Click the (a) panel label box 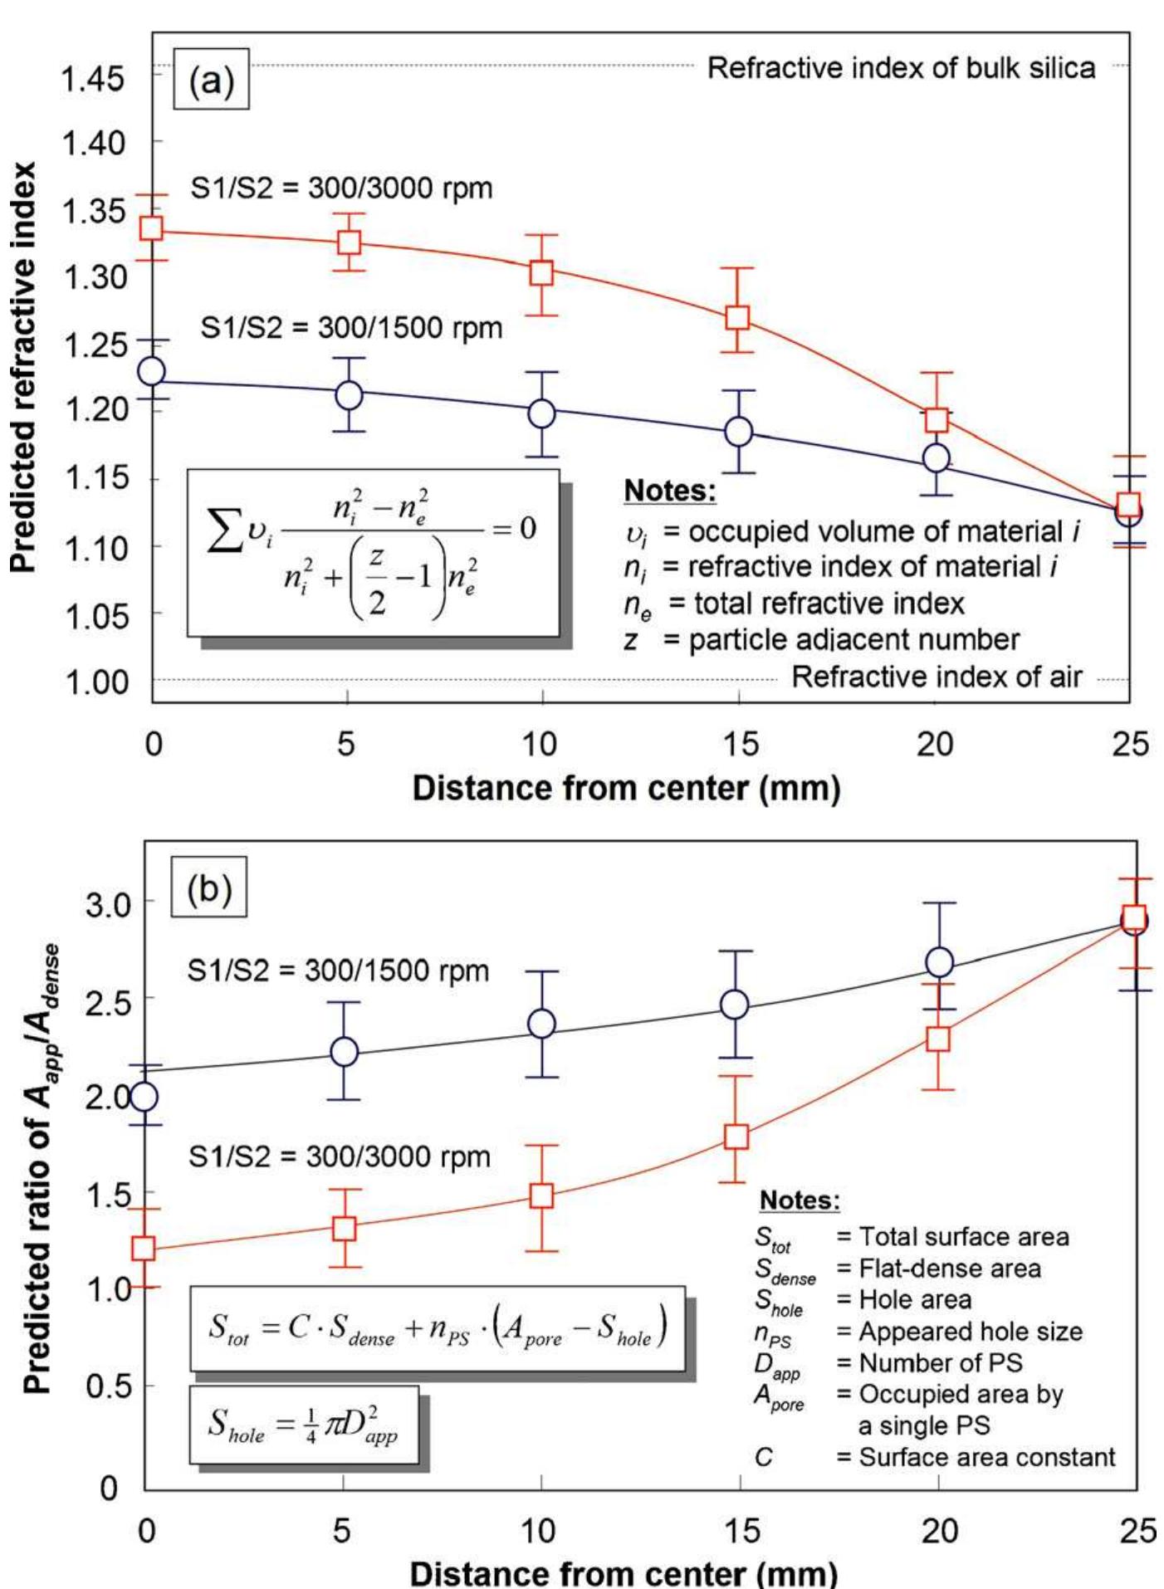211,82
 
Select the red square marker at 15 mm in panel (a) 737,317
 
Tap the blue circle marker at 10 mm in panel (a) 541,413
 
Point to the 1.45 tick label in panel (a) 92,80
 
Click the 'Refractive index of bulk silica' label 900,68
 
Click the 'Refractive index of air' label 937,677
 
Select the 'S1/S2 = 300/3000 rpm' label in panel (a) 341,188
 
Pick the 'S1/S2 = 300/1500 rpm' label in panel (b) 338,971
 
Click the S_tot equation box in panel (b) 438,1328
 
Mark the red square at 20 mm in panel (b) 937,1039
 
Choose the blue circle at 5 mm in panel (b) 344,1052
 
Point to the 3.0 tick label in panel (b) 107,904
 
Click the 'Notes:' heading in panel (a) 669,491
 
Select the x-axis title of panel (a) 626,788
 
